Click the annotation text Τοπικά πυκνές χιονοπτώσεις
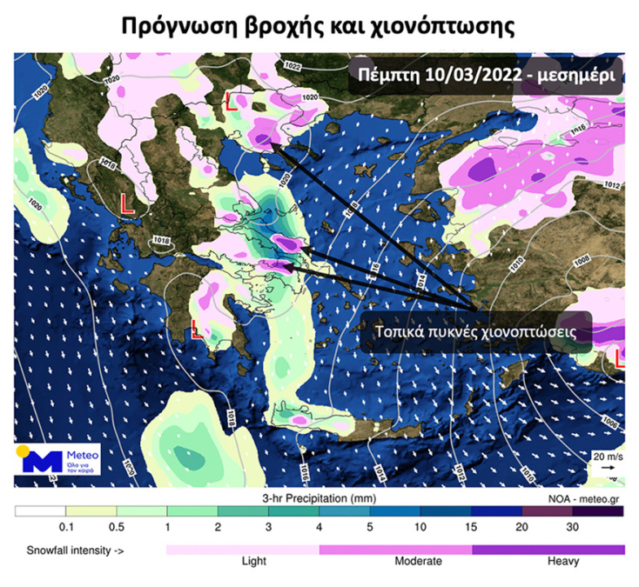click(x=474, y=332)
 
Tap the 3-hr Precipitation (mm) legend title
click(x=319, y=498)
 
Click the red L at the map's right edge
click(x=620, y=358)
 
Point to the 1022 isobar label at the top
click(x=293, y=67)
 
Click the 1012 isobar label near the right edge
click(x=612, y=185)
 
